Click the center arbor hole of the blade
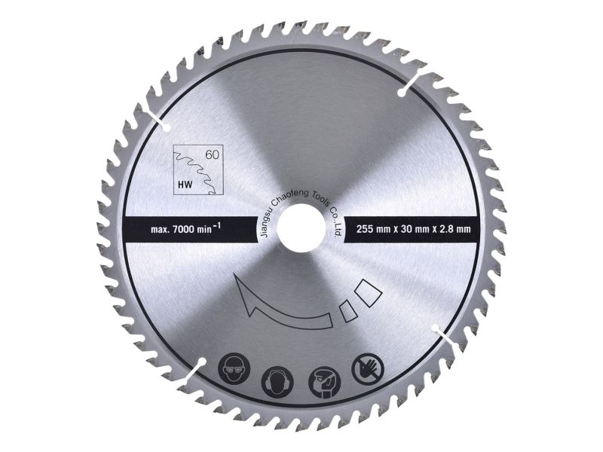click(301, 228)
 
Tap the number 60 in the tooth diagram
click(212, 155)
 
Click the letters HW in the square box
click(185, 185)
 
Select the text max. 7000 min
click(181, 230)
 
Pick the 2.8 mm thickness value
click(455, 230)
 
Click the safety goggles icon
click(234, 368)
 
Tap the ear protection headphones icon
click(277, 383)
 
